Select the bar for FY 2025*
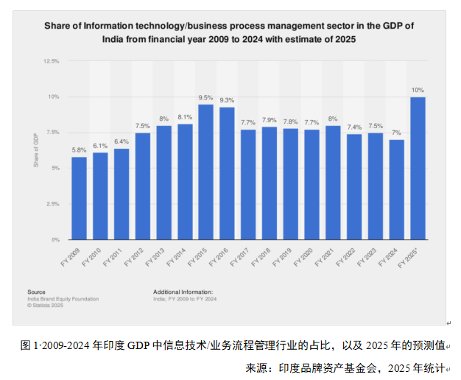(x=418, y=169)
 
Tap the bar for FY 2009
(x=79, y=198)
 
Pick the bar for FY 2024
(x=397, y=190)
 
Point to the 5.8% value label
(x=79, y=150)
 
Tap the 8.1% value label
(x=185, y=117)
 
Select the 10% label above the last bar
(x=418, y=90)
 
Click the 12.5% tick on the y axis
(x=52, y=61)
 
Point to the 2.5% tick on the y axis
(x=53, y=204)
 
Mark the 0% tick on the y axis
(x=56, y=240)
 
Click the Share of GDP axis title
(x=35, y=151)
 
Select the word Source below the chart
(x=36, y=292)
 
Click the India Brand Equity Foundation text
(x=63, y=299)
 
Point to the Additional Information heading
(x=183, y=292)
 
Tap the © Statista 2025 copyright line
(x=45, y=305)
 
